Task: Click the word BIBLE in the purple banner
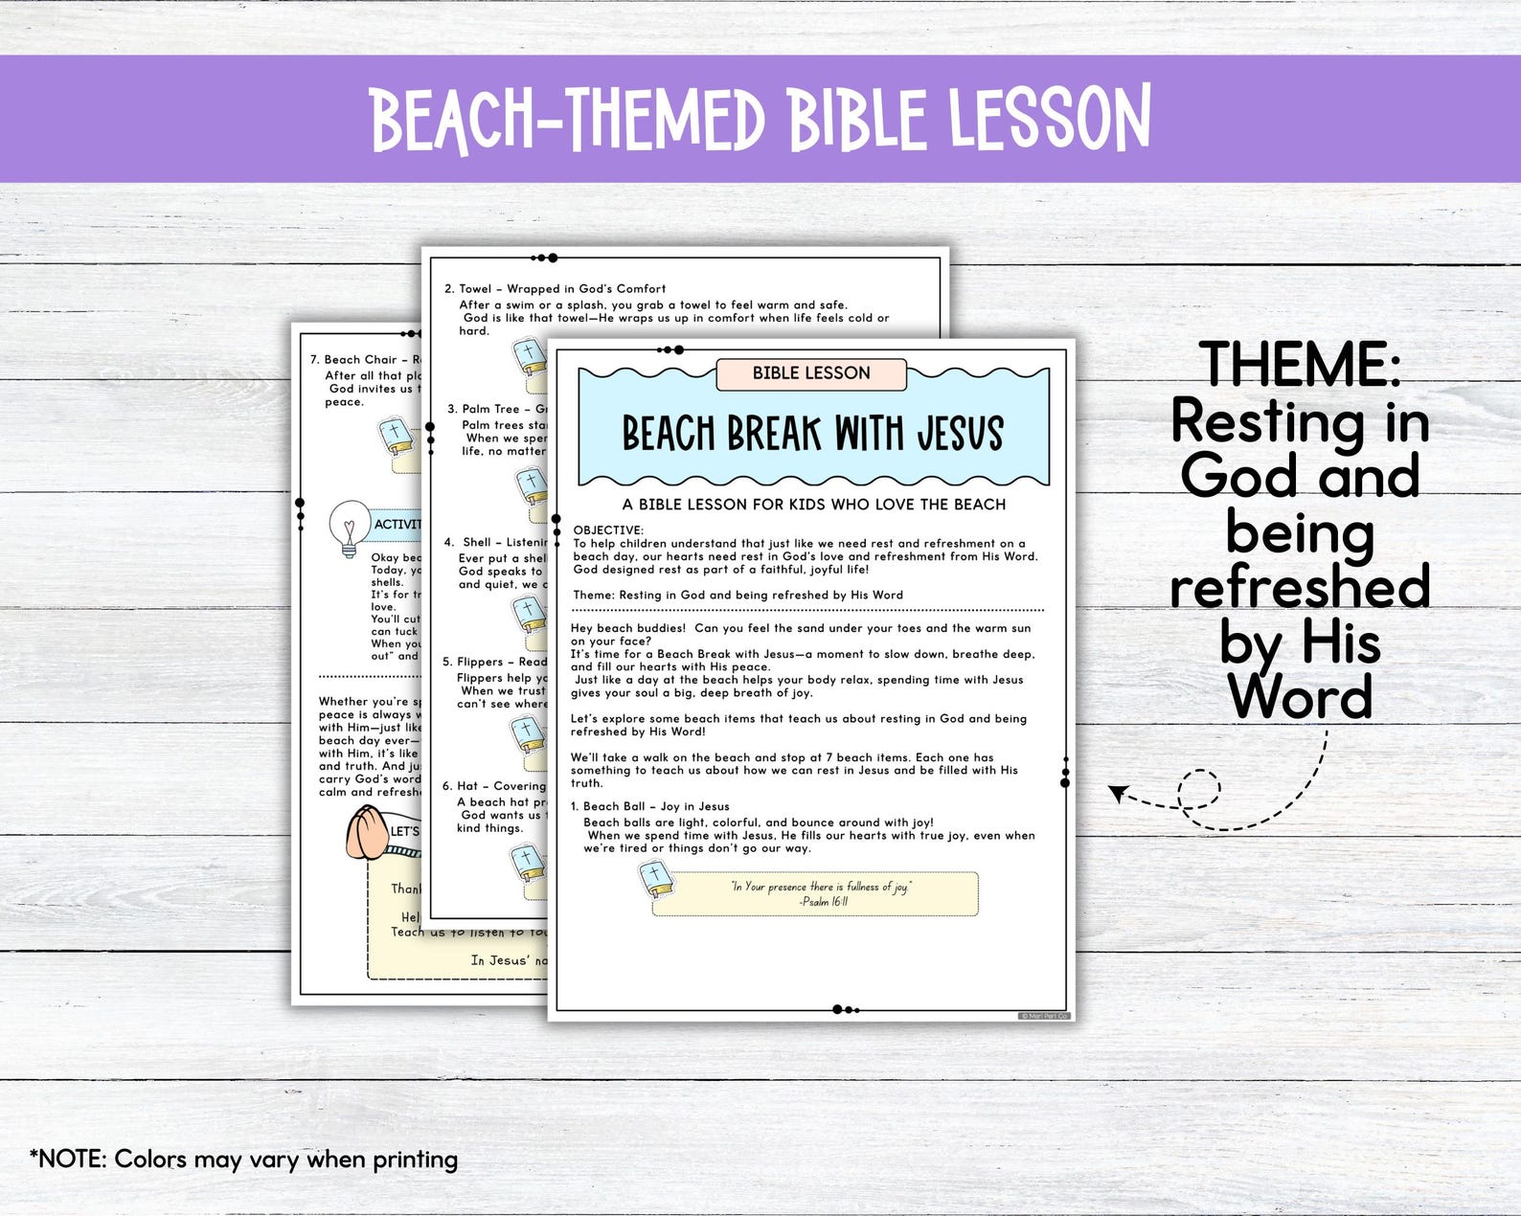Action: (858, 120)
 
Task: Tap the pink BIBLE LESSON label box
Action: (810, 373)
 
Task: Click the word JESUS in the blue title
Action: (960, 434)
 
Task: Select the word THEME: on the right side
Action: (1300, 365)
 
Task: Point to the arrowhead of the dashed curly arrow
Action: (1115, 791)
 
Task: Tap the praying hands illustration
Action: (365, 832)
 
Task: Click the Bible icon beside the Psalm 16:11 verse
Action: (655, 879)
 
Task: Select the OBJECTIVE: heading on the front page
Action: (608, 529)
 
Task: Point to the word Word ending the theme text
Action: (1300, 697)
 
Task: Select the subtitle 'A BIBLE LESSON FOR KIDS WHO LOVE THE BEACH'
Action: (813, 505)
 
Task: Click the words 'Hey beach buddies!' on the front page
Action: (628, 628)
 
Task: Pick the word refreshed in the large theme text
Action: (1300, 587)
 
